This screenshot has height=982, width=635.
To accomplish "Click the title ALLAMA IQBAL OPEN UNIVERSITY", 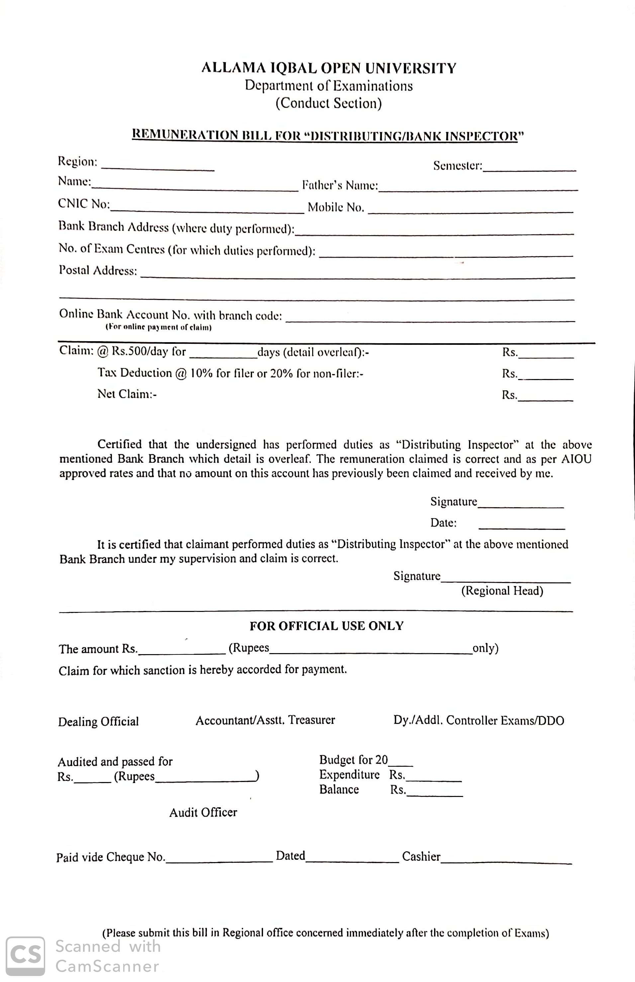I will (329, 68).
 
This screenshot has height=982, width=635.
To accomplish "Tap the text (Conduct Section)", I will (329, 103).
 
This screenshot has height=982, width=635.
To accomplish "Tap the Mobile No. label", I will (336, 207).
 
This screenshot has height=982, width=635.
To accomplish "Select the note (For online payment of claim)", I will (158, 328).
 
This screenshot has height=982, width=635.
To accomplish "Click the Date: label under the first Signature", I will (443, 523).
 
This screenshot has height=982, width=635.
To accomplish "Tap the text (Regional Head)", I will (502, 591).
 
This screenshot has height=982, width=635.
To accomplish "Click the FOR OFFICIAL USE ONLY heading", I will (326, 626).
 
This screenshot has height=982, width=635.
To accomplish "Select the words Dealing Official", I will (98, 721).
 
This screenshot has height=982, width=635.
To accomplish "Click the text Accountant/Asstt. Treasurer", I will (265, 720).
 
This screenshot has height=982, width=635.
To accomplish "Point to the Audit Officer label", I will (203, 812).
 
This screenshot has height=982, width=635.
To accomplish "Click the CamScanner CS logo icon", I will (26, 956).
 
